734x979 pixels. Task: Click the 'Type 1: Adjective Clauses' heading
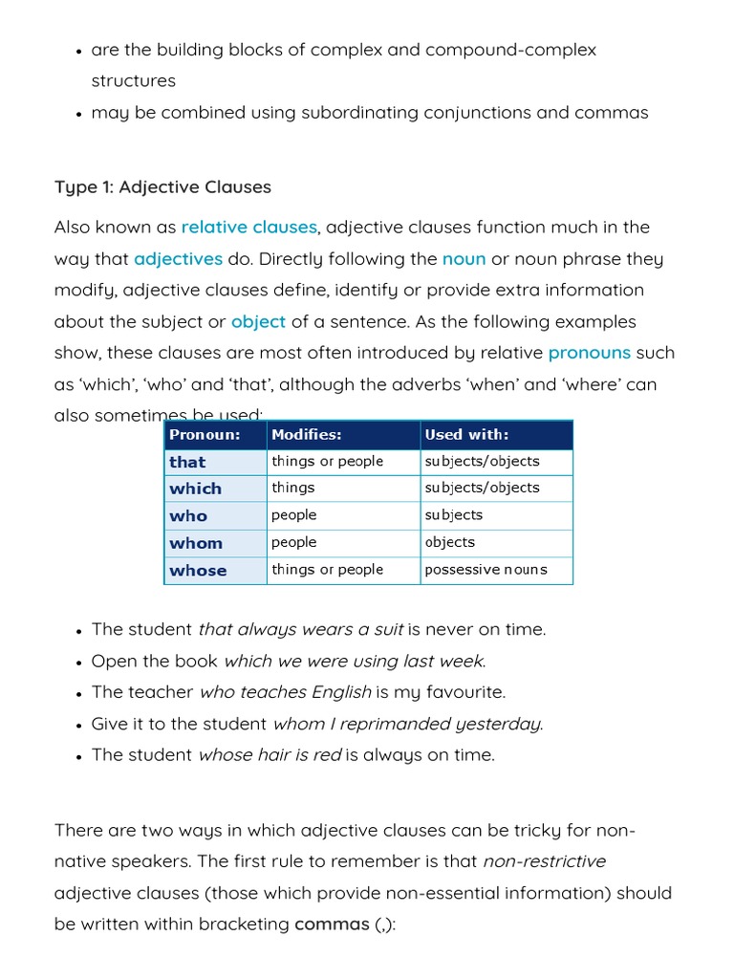162,187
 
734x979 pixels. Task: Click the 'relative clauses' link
248,228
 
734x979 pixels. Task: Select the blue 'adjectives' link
178,259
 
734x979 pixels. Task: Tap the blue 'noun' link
464,259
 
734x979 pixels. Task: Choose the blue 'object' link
258,322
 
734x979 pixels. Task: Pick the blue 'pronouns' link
589,353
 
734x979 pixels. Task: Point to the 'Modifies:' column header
306,435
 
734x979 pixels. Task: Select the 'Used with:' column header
466,435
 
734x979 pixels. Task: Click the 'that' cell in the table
187,462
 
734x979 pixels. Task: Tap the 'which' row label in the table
195,489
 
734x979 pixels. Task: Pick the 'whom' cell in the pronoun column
196,543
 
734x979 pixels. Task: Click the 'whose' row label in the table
198,571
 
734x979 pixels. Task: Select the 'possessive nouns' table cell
486,570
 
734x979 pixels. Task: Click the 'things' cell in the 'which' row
292,488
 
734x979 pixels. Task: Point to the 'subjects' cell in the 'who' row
454,515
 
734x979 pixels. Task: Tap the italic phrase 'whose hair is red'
270,755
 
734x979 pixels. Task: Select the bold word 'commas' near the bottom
332,925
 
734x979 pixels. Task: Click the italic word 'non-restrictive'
544,861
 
